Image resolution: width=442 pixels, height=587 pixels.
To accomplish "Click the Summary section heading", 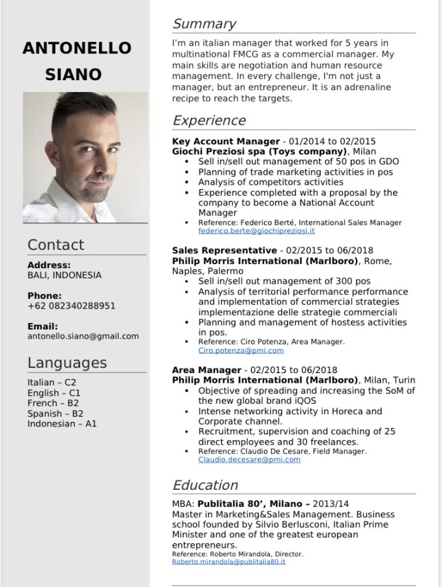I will [204, 24].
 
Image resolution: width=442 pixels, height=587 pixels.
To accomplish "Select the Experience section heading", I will [209, 121].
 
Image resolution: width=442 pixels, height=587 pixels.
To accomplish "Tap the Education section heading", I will [205, 485].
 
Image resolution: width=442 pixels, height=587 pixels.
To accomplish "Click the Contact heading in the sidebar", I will [55, 245].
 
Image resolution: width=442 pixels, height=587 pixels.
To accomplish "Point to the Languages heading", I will [66, 363].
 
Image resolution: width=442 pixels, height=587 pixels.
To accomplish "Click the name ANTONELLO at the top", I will [77, 48].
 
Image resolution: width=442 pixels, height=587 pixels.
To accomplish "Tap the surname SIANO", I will [73, 74].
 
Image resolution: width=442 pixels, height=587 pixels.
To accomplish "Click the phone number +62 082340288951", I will [71, 306].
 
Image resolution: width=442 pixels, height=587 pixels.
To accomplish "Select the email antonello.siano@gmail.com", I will [83, 337].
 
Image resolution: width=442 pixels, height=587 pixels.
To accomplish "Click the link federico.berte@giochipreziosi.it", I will [256, 231].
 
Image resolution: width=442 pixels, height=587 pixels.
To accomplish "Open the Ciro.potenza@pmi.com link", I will [241, 350].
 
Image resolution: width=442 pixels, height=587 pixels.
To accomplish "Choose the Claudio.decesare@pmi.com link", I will [249, 459].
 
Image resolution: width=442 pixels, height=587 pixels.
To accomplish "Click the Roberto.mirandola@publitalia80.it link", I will [228, 562].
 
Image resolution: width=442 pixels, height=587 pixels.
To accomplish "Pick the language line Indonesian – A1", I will [62, 424].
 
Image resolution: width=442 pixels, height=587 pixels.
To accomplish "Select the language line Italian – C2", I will [52, 382].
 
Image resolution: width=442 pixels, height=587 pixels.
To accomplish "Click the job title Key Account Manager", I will [226, 141].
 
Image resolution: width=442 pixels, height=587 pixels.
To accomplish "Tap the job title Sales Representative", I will [224, 250].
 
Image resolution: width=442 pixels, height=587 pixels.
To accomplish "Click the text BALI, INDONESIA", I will [65, 275].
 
